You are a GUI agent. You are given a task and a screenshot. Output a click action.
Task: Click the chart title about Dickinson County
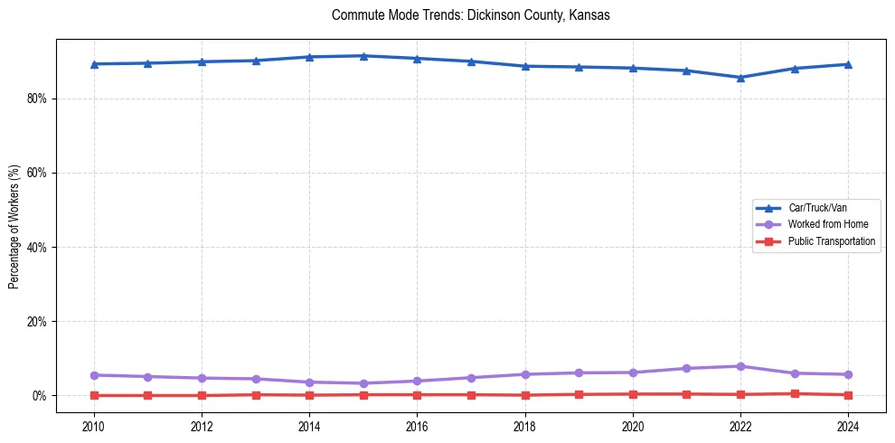click(x=470, y=15)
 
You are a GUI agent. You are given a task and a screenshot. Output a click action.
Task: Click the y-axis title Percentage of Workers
click(x=14, y=227)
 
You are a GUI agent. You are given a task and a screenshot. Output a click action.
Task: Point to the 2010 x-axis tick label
click(x=94, y=426)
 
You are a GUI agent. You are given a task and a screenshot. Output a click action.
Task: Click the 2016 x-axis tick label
click(x=417, y=426)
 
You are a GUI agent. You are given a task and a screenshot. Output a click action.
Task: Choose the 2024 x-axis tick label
click(x=848, y=426)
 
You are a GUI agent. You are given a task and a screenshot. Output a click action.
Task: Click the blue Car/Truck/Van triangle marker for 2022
click(x=740, y=78)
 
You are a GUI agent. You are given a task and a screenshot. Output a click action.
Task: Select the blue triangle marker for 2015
click(x=363, y=56)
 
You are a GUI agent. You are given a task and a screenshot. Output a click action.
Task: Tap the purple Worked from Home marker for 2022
click(x=740, y=366)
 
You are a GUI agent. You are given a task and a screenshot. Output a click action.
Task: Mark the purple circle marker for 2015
click(x=363, y=383)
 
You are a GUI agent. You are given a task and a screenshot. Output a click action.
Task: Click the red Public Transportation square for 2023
click(x=795, y=393)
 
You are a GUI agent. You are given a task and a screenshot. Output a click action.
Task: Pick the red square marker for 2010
click(x=94, y=395)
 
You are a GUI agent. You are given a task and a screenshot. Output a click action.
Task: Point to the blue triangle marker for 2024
click(x=848, y=64)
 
